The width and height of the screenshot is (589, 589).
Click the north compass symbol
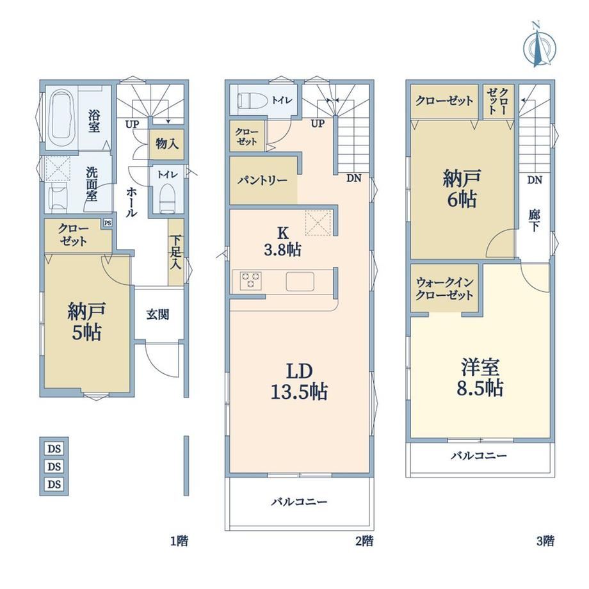click(x=540, y=45)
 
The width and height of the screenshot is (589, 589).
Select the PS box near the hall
click(x=108, y=223)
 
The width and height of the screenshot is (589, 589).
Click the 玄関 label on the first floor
click(x=157, y=314)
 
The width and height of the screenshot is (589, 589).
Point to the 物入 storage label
click(x=167, y=143)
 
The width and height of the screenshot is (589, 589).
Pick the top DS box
click(x=54, y=449)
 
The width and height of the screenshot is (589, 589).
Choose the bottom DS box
click(x=54, y=484)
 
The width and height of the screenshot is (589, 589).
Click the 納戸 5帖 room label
click(x=86, y=321)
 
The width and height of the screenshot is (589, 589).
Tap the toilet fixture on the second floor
click(x=252, y=100)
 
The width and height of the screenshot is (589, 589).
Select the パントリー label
click(x=262, y=181)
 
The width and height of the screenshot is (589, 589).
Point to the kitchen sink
click(x=300, y=281)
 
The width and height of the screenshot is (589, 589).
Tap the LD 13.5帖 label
click(x=300, y=382)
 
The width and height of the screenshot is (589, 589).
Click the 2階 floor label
click(x=364, y=541)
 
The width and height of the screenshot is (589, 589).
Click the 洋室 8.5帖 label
click(x=480, y=378)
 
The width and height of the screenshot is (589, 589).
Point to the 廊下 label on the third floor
click(x=534, y=221)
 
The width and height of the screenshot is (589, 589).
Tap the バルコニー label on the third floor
click(x=479, y=456)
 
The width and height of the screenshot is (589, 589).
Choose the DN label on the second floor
click(x=353, y=178)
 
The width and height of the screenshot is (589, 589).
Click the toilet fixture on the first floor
click(x=167, y=198)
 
